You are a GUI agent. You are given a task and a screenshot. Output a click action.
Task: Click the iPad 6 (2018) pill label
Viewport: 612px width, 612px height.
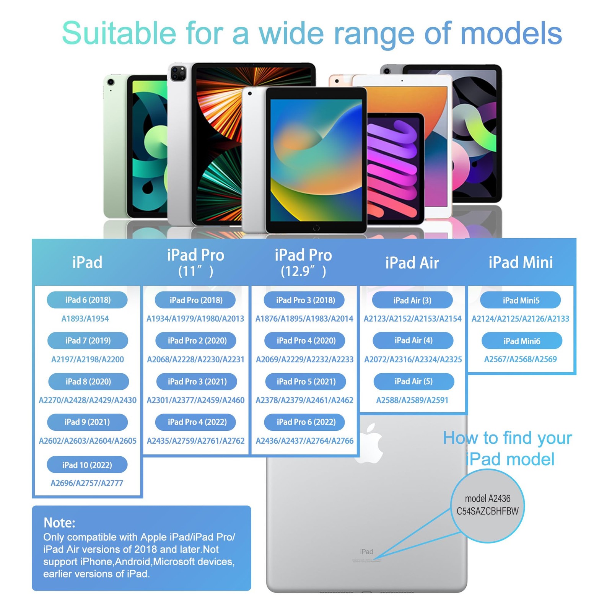tap(87, 300)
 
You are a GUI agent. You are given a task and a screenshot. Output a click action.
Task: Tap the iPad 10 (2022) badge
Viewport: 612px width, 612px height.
tap(87, 465)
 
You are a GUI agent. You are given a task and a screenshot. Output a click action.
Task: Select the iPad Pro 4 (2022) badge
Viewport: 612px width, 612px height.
tap(195, 422)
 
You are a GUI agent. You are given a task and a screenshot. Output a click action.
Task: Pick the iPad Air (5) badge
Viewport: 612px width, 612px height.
tap(413, 381)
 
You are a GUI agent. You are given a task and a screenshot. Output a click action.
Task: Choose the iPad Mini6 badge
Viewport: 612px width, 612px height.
tap(522, 341)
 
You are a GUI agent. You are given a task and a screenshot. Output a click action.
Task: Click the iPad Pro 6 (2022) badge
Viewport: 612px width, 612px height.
tap(305, 422)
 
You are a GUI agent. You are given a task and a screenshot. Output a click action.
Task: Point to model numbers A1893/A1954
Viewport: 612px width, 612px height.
tap(85, 319)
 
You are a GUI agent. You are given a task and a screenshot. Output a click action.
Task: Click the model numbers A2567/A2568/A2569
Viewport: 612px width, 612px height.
tap(520, 359)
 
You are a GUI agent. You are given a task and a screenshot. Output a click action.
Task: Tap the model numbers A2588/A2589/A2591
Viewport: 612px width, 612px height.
tap(412, 400)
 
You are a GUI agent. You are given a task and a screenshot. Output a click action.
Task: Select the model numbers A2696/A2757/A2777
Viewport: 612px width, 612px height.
tap(87, 483)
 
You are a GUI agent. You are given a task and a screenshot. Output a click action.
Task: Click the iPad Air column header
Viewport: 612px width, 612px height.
tap(412, 263)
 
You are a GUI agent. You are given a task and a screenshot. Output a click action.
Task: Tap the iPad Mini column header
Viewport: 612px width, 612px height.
tap(521, 262)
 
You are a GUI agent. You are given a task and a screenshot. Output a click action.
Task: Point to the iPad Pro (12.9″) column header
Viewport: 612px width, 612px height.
tap(303, 262)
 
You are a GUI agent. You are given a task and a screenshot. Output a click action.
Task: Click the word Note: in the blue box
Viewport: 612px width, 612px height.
tap(59, 522)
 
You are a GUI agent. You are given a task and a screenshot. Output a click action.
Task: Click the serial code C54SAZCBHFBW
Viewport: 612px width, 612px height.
tap(487, 511)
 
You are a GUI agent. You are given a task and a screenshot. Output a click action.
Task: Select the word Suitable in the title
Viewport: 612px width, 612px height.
tap(119, 34)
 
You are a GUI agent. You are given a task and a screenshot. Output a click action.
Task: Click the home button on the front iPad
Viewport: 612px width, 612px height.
tap(316, 228)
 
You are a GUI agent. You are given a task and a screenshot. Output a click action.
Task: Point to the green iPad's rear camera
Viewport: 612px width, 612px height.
tap(111, 82)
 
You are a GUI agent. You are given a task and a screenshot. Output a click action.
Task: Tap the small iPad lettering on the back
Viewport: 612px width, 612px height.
tap(366, 552)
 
